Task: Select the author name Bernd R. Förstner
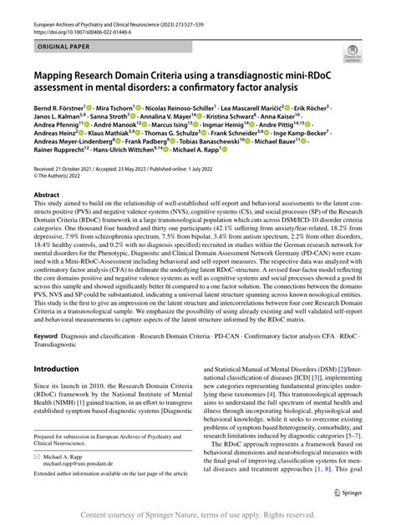coord(58,108)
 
